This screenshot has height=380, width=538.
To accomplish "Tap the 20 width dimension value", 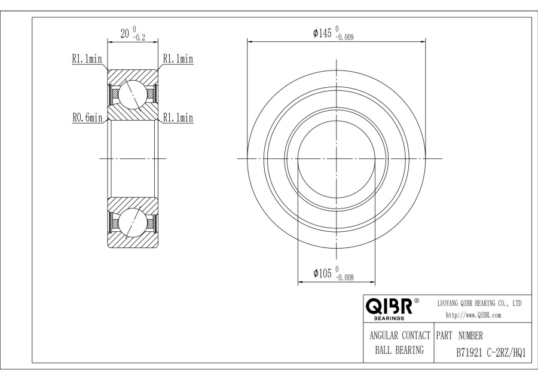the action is [125, 33].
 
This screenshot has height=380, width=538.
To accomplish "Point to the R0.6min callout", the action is [87, 118].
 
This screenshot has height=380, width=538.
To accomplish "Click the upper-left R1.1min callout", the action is [87, 59].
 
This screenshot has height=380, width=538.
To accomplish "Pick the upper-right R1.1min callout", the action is [178, 59].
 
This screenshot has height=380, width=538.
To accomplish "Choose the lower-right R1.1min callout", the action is [178, 118].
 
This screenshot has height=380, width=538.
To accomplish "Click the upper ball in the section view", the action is [133, 94].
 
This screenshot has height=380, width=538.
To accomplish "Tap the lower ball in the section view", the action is [133, 223].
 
